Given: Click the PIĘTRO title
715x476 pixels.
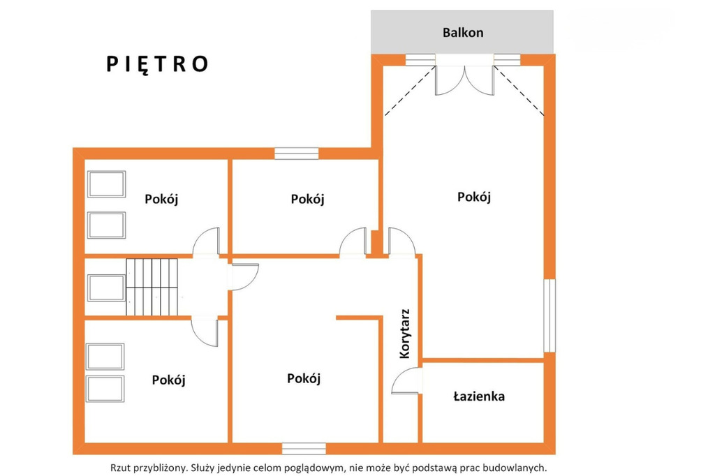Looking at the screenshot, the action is [x=157, y=64].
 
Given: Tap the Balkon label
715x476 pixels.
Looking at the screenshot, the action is [x=463, y=33].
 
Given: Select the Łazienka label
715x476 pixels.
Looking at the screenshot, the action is [x=479, y=396].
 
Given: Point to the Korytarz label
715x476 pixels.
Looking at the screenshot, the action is [x=404, y=334].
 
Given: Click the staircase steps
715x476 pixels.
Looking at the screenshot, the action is [x=152, y=287].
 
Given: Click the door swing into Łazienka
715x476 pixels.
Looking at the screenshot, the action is [x=405, y=380].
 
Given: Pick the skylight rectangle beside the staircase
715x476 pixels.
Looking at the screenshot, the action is [x=106, y=288].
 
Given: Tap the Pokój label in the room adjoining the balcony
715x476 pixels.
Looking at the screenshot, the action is [x=474, y=197].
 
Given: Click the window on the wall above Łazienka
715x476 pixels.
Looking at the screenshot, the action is [x=550, y=315].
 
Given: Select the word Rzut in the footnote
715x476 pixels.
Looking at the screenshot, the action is [x=119, y=468].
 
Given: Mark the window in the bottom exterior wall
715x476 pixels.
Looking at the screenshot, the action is [x=304, y=449].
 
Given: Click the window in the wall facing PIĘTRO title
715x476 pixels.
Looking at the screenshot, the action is [x=296, y=154].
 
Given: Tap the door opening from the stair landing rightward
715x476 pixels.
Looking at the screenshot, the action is [x=244, y=276].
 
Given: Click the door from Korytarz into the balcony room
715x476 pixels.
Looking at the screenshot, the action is [x=401, y=241].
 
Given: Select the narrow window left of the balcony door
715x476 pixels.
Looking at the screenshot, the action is [x=420, y=60].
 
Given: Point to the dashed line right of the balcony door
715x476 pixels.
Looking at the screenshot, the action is [x=519, y=91].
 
